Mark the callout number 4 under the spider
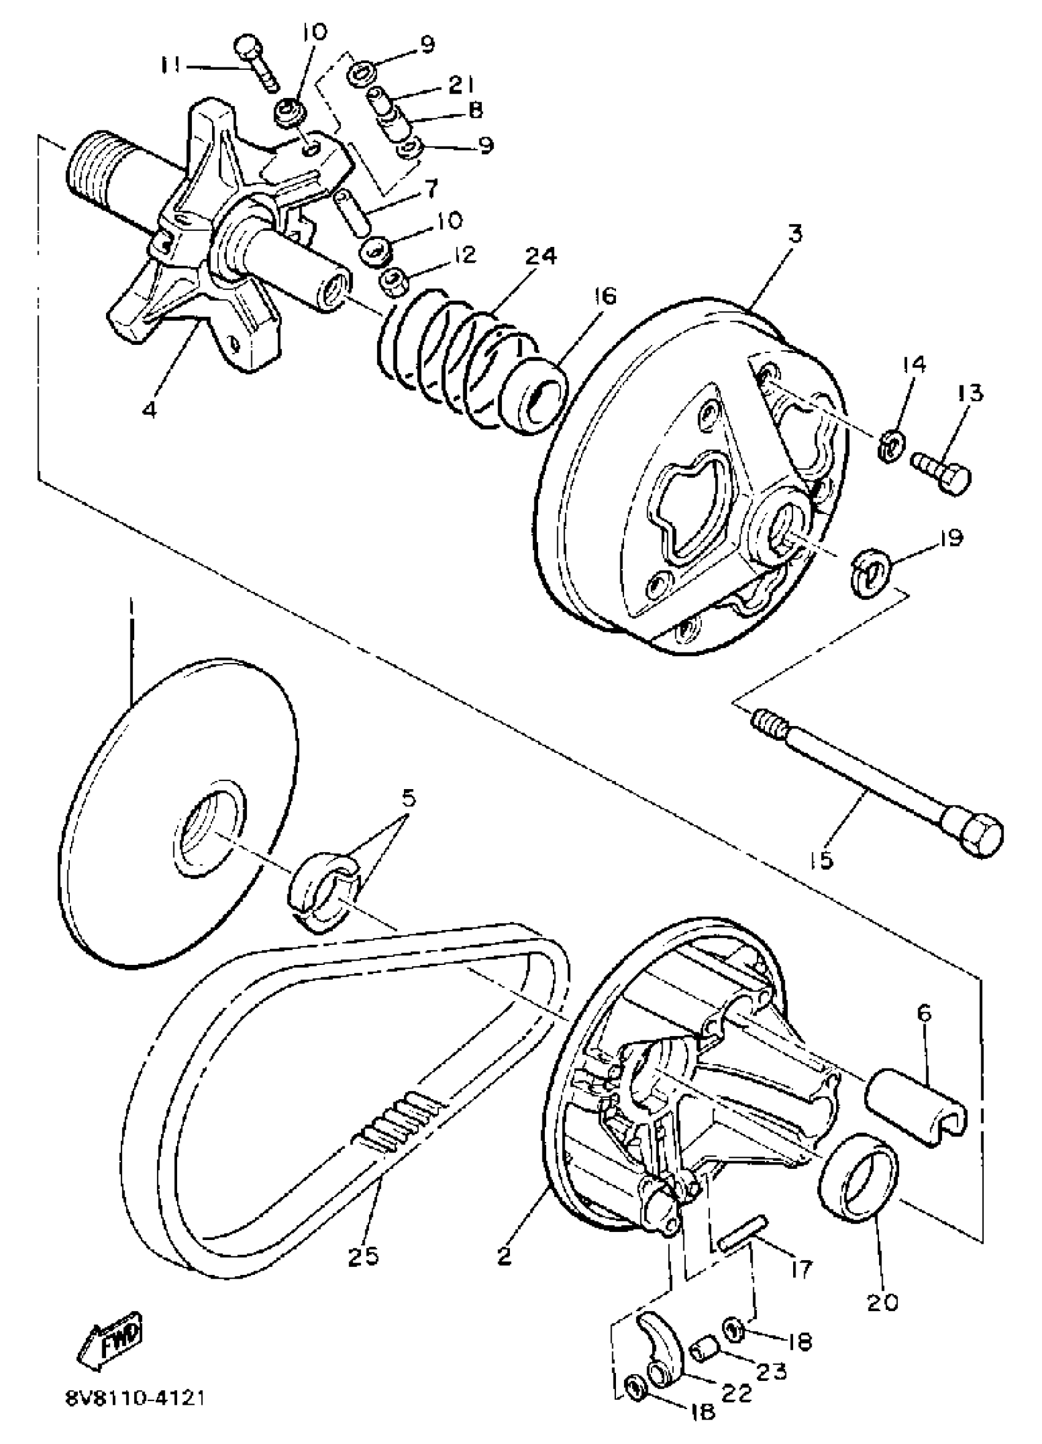[x=149, y=410]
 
